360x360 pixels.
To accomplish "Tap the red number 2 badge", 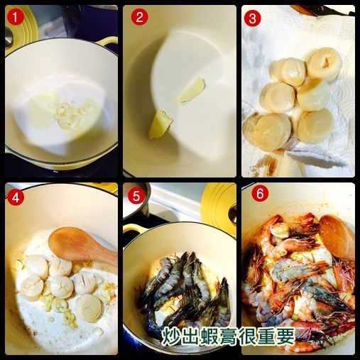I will click(x=139, y=19).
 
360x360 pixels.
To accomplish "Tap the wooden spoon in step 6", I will click(x=337, y=236).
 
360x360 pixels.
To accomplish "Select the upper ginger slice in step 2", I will click(x=191, y=90).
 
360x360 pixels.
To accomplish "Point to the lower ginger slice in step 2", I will click(x=160, y=124).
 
